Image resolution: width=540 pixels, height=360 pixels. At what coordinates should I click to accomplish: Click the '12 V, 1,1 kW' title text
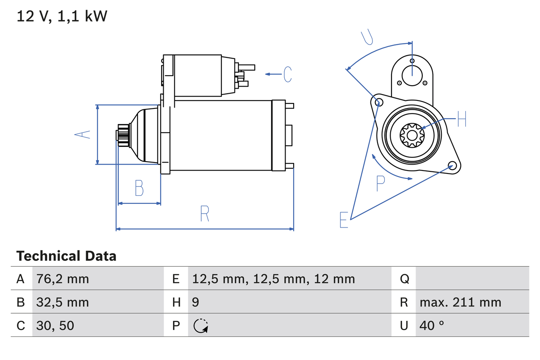pyautogui.click(x=62, y=16)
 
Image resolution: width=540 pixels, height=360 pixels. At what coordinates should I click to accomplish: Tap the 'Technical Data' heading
pyautogui.click(x=66, y=256)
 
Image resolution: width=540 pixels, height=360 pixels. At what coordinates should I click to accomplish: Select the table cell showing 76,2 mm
pyautogui.click(x=62, y=279)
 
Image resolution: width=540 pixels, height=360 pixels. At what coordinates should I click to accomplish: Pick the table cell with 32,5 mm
pyautogui.click(x=62, y=302)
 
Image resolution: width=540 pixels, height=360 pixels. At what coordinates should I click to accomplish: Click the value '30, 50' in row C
pyautogui.click(x=56, y=325)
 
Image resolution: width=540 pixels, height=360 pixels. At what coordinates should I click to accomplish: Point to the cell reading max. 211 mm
pyautogui.click(x=460, y=302)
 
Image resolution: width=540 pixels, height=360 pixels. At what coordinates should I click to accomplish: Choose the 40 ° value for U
pyautogui.click(x=432, y=325)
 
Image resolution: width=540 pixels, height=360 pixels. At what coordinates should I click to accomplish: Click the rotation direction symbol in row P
pyautogui.click(x=201, y=325)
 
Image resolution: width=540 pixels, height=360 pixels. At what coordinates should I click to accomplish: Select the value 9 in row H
pyautogui.click(x=195, y=302)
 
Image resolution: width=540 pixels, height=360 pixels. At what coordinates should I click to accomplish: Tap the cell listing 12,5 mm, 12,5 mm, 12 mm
pyautogui.click(x=273, y=279)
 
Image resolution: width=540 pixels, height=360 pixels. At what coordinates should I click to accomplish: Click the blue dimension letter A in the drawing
pyautogui.click(x=83, y=135)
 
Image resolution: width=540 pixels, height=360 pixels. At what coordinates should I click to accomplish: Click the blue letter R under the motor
pyautogui.click(x=205, y=214)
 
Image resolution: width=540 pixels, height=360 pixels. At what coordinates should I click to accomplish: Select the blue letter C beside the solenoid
pyautogui.click(x=288, y=74)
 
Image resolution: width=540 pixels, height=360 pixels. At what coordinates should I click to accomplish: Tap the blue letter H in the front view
pyautogui.click(x=462, y=119)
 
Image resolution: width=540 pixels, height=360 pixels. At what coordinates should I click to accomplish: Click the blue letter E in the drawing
pyautogui.click(x=344, y=220)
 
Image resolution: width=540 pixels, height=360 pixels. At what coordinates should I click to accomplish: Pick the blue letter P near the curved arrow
pyautogui.click(x=381, y=184)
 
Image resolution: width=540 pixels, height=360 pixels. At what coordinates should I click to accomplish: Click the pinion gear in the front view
pyautogui.click(x=412, y=135)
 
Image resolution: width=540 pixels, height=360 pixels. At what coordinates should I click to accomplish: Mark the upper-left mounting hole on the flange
pyautogui.click(x=378, y=102)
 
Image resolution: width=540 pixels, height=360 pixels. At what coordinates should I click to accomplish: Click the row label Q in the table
pyautogui.click(x=404, y=279)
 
